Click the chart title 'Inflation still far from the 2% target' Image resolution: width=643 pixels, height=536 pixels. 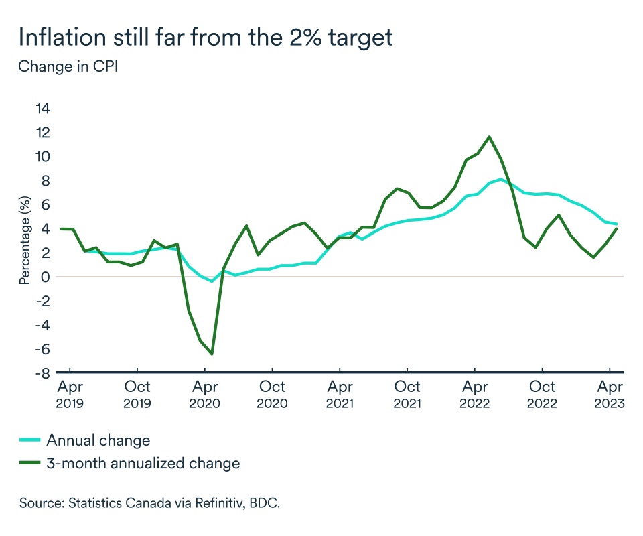coord(205,38)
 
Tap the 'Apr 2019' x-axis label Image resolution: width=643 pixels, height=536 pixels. coord(70,395)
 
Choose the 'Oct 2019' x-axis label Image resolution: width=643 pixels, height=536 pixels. coord(137,395)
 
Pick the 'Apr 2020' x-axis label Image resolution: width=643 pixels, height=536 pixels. coord(205,395)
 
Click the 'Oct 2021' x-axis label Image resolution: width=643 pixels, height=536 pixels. coord(407,395)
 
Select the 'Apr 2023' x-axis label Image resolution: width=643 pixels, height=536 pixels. coord(610,395)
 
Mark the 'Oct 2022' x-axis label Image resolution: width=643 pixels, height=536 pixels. coord(542,395)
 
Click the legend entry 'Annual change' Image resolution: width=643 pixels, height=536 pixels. coord(98,440)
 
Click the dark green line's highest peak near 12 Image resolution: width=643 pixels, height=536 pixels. coord(490,137)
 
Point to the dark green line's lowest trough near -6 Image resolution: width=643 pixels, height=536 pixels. coord(212,354)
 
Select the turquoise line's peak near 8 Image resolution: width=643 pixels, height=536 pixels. coord(501,179)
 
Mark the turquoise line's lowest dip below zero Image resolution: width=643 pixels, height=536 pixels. coord(212,281)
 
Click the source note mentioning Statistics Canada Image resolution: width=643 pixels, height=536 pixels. coord(149,503)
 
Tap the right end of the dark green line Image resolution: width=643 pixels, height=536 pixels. coord(616,228)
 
